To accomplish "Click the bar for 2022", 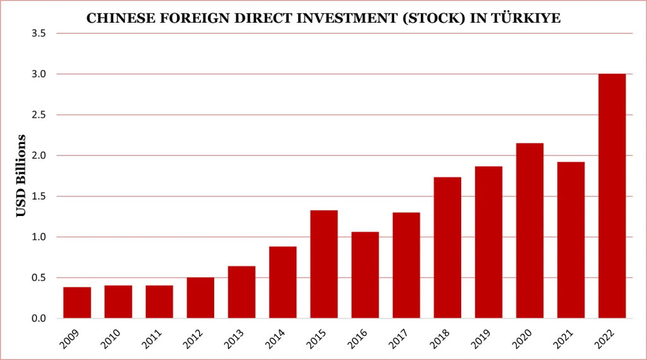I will pyautogui.click(x=612, y=196).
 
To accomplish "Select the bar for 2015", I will pyautogui.click(x=323, y=264).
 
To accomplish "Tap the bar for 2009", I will pyautogui.click(x=77, y=303).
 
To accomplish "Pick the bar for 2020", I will pyautogui.click(x=529, y=231).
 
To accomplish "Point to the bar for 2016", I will pyautogui.click(x=365, y=275).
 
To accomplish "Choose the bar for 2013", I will pyautogui.click(x=241, y=292).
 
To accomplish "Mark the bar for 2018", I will pyautogui.click(x=447, y=248).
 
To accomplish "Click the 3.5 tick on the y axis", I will pyautogui.click(x=39, y=33).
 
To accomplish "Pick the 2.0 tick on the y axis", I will pyautogui.click(x=39, y=155).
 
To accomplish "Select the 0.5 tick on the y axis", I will pyautogui.click(x=39, y=278).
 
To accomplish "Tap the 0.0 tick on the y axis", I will pyautogui.click(x=39, y=318).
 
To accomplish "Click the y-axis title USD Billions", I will pyautogui.click(x=21, y=175).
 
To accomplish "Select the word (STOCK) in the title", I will pyautogui.click(x=439, y=18).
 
